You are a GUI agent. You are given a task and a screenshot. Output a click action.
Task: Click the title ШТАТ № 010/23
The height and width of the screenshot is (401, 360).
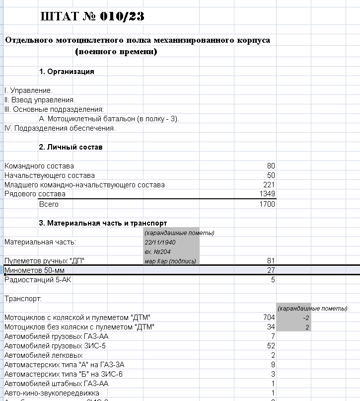pyautogui.click(x=92, y=16)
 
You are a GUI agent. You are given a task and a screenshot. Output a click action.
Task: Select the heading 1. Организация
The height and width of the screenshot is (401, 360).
pyautogui.click(x=67, y=72)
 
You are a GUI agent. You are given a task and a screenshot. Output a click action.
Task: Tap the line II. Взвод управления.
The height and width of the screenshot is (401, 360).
pyautogui.click(x=40, y=100)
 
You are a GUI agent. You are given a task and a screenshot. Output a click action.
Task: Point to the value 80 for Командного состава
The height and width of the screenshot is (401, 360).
pyautogui.click(x=271, y=166)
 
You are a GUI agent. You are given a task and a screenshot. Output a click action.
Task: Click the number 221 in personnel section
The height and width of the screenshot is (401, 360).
pyautogui.click(x=269, y=185)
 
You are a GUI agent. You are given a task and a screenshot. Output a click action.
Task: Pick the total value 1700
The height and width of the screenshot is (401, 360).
pyautogui.click(x=267, y=204)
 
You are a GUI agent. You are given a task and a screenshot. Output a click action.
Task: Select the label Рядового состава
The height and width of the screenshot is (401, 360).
pyautogui.click(x=35, y=194)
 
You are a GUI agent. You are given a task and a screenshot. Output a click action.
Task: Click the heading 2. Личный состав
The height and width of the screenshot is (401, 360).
pyautogui.click(x=71, y=147)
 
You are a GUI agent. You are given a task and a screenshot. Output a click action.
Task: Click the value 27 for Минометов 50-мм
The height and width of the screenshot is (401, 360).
pyautogui.click(x=271, y=270)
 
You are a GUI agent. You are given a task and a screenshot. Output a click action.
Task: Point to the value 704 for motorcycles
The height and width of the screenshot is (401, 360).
pyautogui.click(x=269, y=318)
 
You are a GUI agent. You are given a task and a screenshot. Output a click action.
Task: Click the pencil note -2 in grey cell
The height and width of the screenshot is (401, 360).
pyautogui.click(x=306, y=318)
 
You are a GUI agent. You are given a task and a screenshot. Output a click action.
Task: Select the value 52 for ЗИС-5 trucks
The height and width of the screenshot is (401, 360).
pyautogui.click(x=271, y=346)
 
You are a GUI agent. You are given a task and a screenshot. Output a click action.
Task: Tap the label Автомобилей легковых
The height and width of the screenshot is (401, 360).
pyautogui.click(x=43, y=355)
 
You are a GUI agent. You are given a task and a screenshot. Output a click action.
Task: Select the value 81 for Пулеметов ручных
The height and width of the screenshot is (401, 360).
pyautogui.click(x=271, y=261)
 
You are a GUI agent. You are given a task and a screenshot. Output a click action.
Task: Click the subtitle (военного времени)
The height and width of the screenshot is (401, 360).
pyautogui.click(x=116, y=51)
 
